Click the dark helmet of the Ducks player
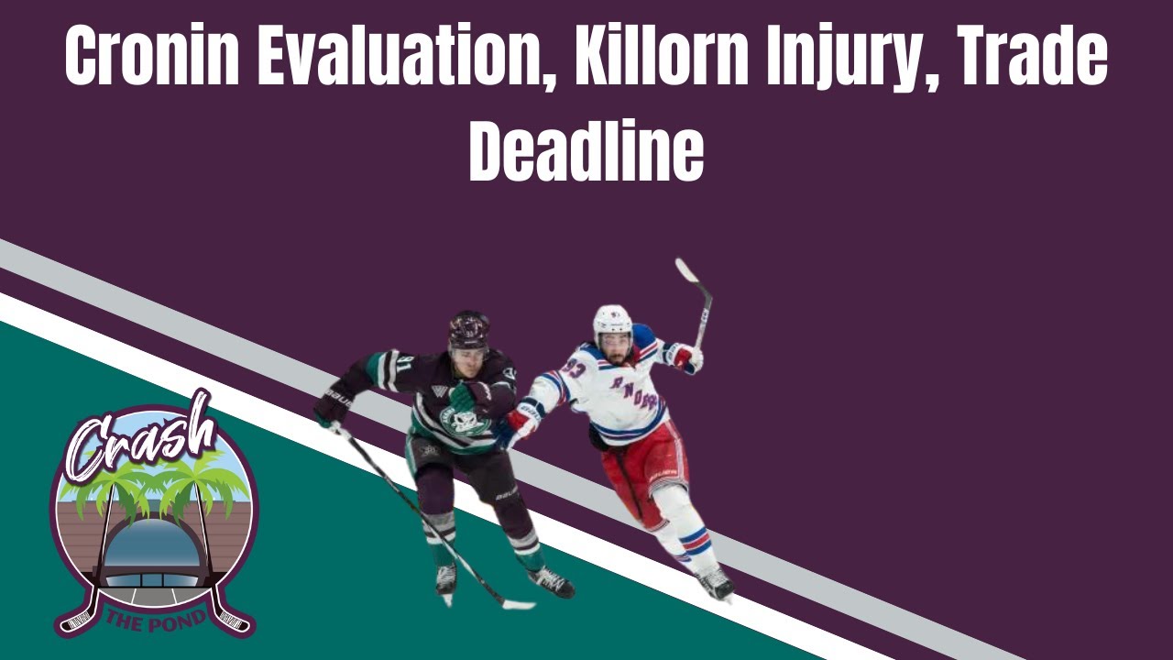(468, 330)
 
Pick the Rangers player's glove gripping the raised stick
(684, 357)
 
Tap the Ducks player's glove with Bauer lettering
(334, 403)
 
